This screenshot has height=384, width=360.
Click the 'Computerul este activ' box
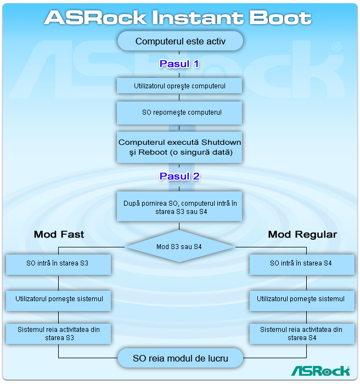(x=180, y=41)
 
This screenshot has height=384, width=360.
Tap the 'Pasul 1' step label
(x=179, y=64)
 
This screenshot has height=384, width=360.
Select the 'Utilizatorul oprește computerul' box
(x=180, y=86)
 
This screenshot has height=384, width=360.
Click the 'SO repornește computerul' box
(x=180, y=112)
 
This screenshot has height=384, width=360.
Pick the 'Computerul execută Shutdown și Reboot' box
(x=180, y=147)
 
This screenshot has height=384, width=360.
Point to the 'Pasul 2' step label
(x=179, y=177)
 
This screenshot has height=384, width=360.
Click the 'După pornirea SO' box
(x=180, y=207)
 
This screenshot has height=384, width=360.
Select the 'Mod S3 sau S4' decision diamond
(x=179, y=247)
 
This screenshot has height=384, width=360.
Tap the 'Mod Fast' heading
(x=59, y=234)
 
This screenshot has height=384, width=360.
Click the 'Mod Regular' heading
(x=302, y=234)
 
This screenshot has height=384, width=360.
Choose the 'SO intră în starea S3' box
(x=58, y=263)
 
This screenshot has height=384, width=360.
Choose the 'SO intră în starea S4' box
(x=301, y=263)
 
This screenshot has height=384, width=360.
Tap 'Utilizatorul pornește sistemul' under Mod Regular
(x=301, y=300)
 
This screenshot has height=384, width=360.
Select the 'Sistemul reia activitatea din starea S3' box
(x=58, y=334)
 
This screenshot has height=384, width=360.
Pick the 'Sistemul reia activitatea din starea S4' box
(x=301, y=334)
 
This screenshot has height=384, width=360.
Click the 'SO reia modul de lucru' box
(x=180, y=359)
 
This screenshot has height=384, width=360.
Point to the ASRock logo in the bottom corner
(x=320, y=371)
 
